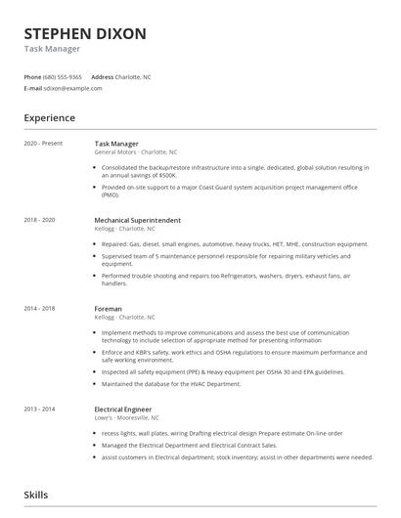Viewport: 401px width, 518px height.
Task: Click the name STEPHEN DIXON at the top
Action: click(85, 33)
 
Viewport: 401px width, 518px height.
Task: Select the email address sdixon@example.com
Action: click(73, 88)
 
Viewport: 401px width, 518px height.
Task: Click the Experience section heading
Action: click(50, 118)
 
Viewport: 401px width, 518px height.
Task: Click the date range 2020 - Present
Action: click(43, 144)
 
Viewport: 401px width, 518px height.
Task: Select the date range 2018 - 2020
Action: click(40, 220)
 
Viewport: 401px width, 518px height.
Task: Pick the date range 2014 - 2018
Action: click(40, 309)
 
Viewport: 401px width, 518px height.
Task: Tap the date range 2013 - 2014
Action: click(40, 410)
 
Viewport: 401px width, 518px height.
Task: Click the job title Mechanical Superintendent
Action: click(137, 220)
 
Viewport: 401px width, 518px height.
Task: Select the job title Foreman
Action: click(110, 309)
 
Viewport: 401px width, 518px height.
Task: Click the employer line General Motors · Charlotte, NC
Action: click(136, 152)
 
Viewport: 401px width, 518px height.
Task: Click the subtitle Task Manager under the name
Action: click(52, 49)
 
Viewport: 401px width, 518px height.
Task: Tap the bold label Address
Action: click(103, 76)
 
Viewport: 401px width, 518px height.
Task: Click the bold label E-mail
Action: click(33, 88)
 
